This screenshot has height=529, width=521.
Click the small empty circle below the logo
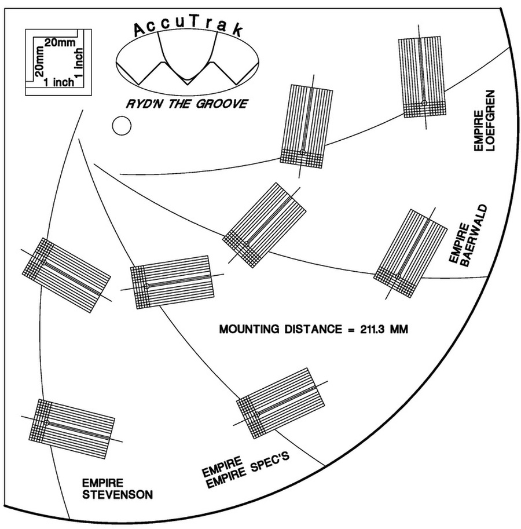(122, 126)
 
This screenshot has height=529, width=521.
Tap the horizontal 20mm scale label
(60, 42)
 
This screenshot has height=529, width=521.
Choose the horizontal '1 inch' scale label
(59, 82)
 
